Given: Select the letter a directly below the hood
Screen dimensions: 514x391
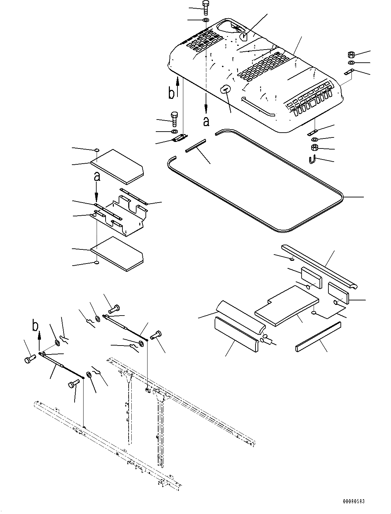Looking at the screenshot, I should [x=206, y=121].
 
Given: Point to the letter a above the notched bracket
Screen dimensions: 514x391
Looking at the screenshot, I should [x=97, y=177].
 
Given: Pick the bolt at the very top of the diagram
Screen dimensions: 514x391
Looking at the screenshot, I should [x=206, y=7].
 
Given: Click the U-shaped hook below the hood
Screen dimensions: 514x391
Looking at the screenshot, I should [x=312, y=160].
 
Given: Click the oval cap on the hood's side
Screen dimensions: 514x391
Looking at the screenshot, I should [x=225, y=89].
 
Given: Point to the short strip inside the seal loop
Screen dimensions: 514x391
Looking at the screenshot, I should [x=195, y=146].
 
